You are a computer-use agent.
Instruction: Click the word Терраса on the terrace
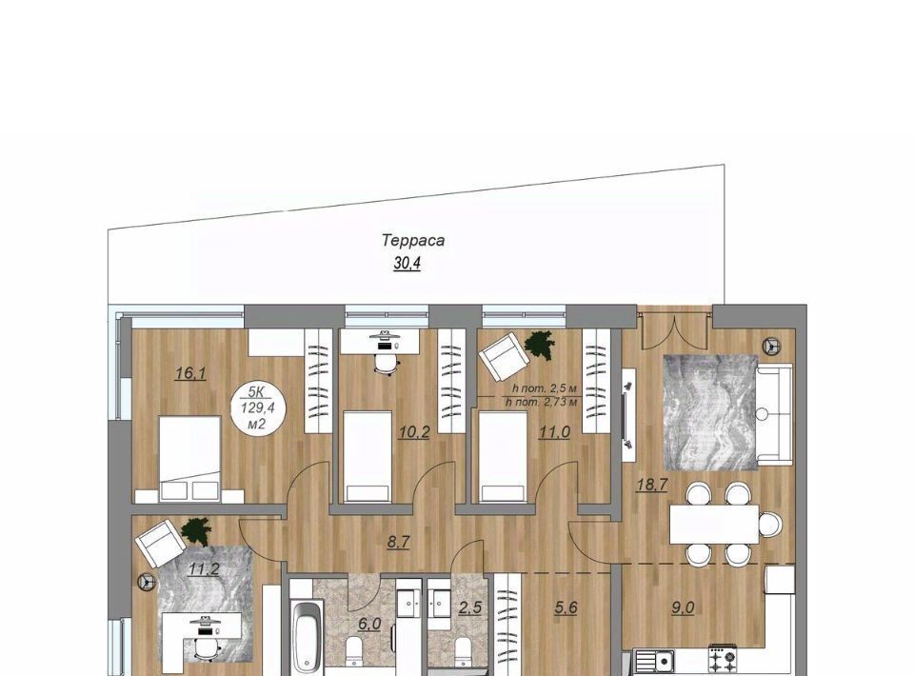click(x=413, y=240)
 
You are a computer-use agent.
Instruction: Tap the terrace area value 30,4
click(x=407, y=264)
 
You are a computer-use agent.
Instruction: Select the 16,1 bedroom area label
click(x=190, y=373)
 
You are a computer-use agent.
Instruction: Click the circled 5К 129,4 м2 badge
click(x=257, y=408)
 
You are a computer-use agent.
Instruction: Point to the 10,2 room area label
click(x=414, y=432)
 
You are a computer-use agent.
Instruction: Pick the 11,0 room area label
click(x=554, y=432)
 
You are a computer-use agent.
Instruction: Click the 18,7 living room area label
click(x=651, y=485)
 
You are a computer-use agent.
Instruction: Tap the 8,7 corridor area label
click(x=399, y=542)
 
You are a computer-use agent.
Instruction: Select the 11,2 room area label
click(x=204, y=568)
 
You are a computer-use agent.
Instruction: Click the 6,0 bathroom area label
click(x=369, y=625)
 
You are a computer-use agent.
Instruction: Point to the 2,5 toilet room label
click(x=469, y=607)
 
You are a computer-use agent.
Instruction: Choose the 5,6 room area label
click(x=566, y=607)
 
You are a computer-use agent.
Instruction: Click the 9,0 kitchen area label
click(x=683, y=607)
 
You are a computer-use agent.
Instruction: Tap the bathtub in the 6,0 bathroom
click(x=308, y=637)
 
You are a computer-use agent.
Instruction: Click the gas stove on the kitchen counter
click(x=723, y=660)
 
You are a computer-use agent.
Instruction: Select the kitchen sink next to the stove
click(x=654, y=662)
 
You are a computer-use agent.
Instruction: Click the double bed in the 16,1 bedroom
click(x=189, y=459)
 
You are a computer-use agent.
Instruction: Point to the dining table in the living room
click(x=714, y=525)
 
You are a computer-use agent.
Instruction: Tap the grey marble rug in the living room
click(x=710, y=412)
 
